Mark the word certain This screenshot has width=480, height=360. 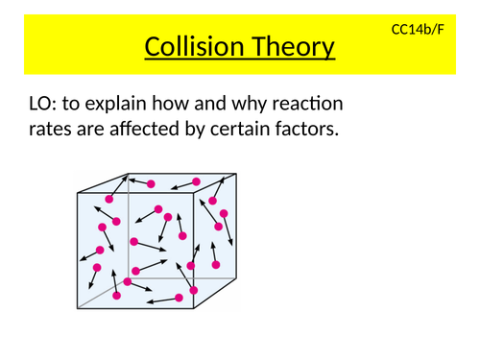coord(251,130)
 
